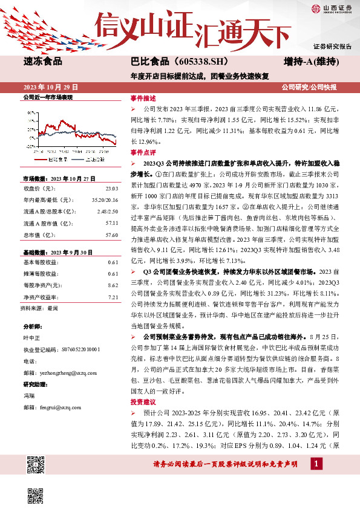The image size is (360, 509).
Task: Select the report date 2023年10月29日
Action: tap(52, 87)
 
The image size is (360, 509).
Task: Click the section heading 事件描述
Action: tap(143, 98)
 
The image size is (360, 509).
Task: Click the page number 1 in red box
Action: tap(316, 464)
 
